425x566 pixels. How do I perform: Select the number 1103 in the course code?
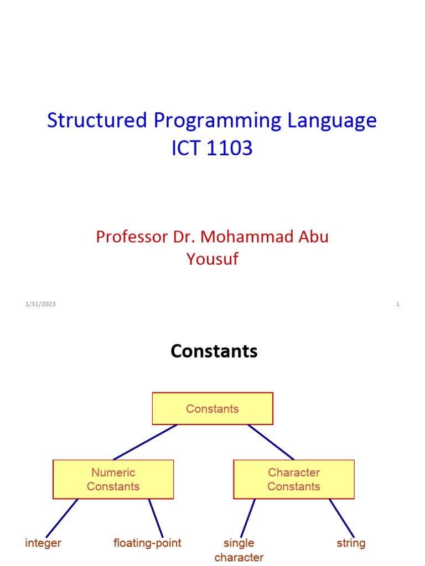(x=229, y=148)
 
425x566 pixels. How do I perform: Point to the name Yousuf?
(x=212, y=259)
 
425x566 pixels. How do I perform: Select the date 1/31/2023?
(x=40, y=304)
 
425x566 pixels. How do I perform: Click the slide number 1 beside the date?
(x=397, y=304)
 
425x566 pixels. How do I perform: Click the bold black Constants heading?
(x=214, y=351)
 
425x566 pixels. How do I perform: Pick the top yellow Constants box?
(x=212, y=408)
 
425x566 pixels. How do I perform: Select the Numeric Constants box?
(x=113, y=479)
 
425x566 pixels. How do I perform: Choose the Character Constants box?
(x=294, y=479)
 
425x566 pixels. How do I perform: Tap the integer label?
(x=43, y=543)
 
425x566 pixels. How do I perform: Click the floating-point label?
(x=147, y=543)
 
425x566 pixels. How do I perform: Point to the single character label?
(x=239, y=550)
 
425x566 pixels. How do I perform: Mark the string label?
(x=351, y=543)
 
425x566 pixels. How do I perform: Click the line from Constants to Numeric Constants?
(x=145, y=442)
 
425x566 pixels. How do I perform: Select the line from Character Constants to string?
(x=342, y=518)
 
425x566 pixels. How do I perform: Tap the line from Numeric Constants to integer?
(x=61, y=518)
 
